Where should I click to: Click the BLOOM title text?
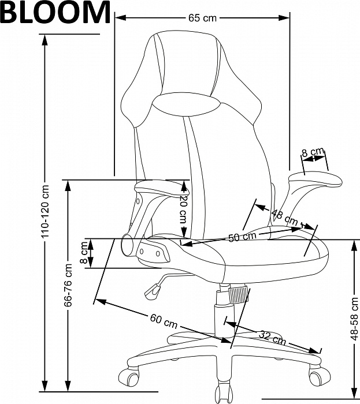tap(55, 12)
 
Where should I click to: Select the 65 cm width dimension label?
tap(202, 18)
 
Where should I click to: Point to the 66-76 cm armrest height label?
tap(68, 285)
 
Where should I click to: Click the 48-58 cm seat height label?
tap(355, 319)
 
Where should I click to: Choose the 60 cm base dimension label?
tap(164, 321)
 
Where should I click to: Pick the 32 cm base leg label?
tap(273, 338)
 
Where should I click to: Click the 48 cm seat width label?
tap(285, 218)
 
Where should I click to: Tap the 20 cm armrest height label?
tap(183, 209)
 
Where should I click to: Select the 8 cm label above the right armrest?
tap(313, 152)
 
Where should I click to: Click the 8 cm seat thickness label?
tap(84, 253)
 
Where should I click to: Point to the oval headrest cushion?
tap(186, 104)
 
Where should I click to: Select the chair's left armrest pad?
tap(162, 188)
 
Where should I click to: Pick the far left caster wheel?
tap(129, 377)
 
